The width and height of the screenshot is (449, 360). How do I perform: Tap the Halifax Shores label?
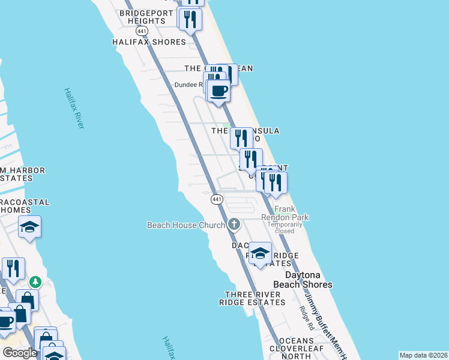[x=149, y=42]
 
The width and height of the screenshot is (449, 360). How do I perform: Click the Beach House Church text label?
[x=186, y=225]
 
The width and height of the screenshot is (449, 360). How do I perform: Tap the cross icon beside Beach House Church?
[x=234, y=225]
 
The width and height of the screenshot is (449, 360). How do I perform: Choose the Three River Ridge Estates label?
[x=255, y=298]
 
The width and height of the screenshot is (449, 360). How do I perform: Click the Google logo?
[x=19, y=353]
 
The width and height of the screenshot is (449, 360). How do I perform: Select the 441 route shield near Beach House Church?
[x=217, y=199]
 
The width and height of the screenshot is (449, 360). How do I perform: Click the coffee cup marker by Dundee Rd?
[x=218, y=91]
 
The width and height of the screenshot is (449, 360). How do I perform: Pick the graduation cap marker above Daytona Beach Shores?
[x=260, y=253]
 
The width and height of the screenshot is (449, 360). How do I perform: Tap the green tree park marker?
[x=35, y=281]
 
